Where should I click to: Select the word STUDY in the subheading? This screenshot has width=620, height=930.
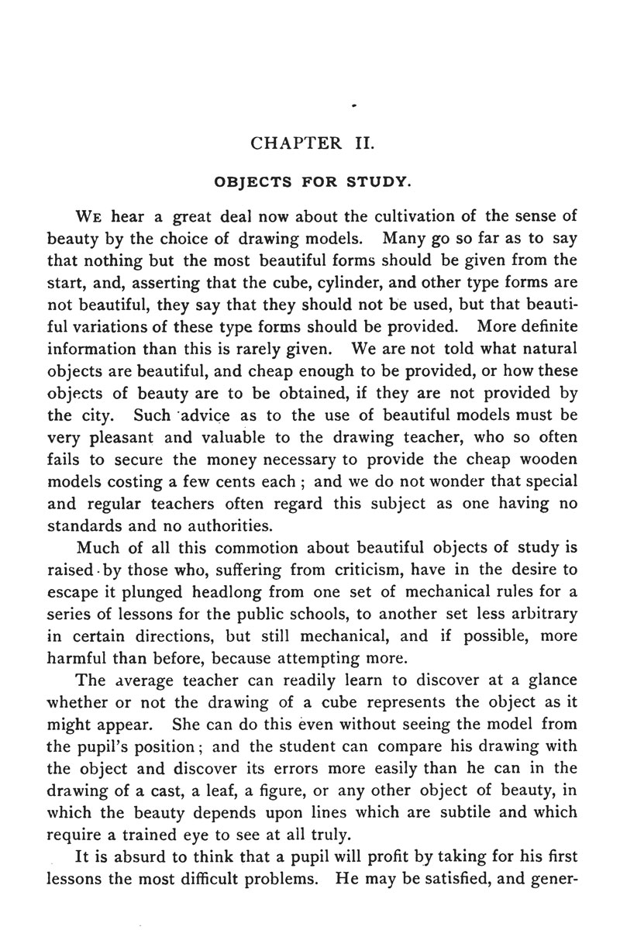click(x=377, y=182)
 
